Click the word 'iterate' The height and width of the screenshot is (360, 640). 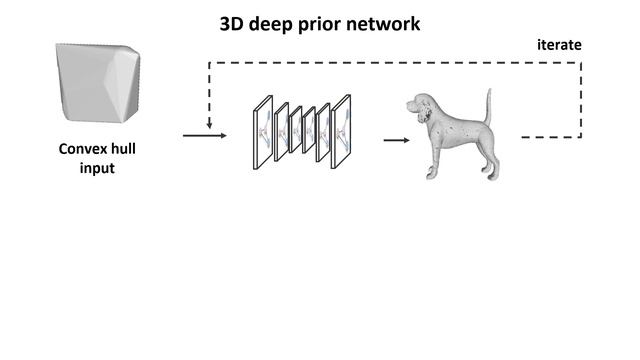(x=559, y=45)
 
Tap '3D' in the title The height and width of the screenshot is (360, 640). (x=233, y=22)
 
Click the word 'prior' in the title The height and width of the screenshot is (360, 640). (x=320, y=22)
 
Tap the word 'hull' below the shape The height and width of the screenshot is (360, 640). (x=123, y=149)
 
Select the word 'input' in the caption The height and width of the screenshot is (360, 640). (x=97, y=168)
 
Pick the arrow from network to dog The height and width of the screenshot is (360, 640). (x=396, y=140)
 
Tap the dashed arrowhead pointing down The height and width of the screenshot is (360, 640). (x=209, y=125)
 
